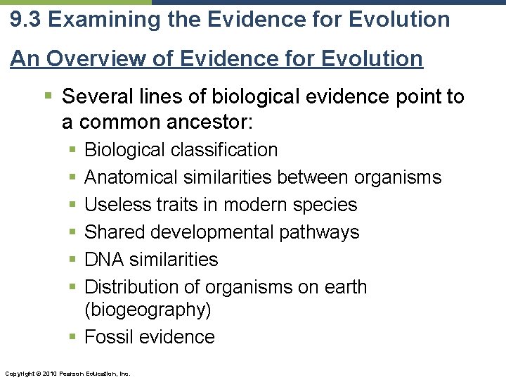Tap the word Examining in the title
click(x=100, y=19)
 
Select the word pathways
click(x=323, y=232)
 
